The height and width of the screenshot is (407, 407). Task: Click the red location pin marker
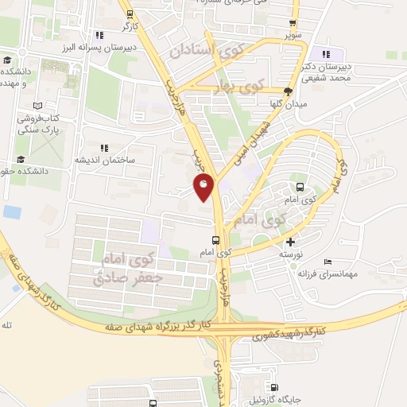coord(203,188)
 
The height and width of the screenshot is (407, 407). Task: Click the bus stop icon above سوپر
coord(293,22)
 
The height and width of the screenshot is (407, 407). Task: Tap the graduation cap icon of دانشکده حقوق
coord(9,170)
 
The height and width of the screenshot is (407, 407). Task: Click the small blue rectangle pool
coord(12,212)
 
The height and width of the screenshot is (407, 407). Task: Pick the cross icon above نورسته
coord(290,242)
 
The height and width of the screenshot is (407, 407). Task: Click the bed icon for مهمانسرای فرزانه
coord(328,261)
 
